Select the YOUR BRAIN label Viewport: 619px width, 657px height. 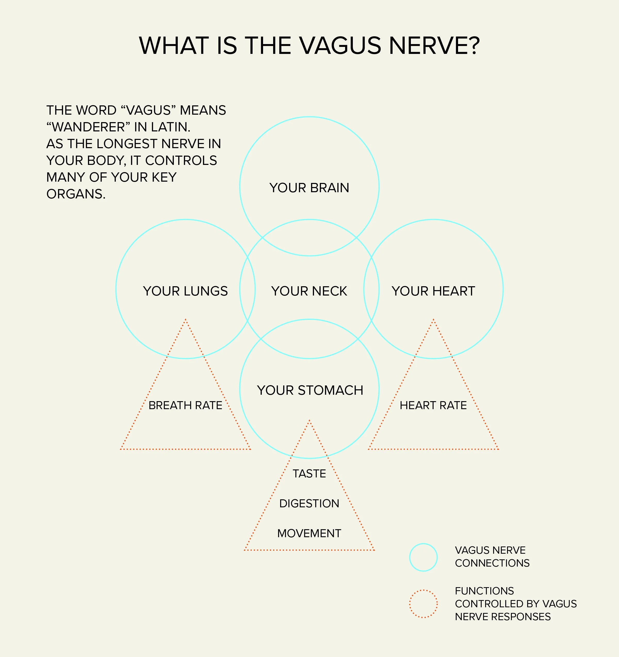tap(309, 188)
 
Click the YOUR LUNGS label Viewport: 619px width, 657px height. tap(185, 291)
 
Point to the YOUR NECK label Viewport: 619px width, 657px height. tap(309, 291)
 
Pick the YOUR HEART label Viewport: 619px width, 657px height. tap(433, 291)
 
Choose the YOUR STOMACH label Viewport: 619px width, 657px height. tap(310, 390)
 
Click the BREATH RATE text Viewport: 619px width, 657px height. tap(185, 405)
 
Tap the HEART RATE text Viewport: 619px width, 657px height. tap(433, 405)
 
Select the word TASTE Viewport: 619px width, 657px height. tap(309, 474)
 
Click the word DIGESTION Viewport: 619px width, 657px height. tap(309, 503)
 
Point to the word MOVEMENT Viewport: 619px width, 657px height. tap(309, 533)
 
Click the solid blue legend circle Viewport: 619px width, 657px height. tap(423, 557)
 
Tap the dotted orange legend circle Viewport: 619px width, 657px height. tap(423, 603)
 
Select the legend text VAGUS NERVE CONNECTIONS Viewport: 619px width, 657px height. tap(492, 557)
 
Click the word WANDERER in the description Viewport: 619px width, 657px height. tap(89, 127)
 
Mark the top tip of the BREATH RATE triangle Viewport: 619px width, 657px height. tap(186, 319)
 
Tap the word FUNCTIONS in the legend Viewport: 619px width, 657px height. tap(484, 591)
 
